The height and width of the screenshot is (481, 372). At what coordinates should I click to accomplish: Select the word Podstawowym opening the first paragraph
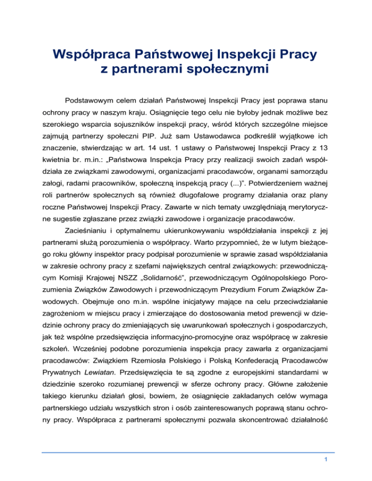tap(94, 104)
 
